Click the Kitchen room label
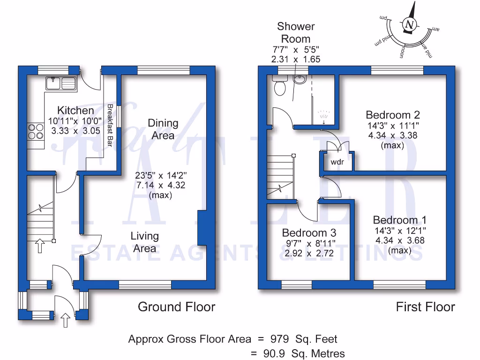pos(75,111)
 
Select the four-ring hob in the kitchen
pos(36,132)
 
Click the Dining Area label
pos(163,129)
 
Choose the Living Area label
pos(144,242)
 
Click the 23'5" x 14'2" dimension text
pos(160,176)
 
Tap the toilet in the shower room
pos(280,87)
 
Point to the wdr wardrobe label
pos(337,162)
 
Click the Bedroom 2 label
pos(393,115)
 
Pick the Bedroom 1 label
pos(400,220)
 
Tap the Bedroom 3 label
pos(309,233)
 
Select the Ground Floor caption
pos(176,307)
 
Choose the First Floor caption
pos(425,307)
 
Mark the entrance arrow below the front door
pos(65,321)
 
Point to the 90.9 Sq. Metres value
pos(305,353)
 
